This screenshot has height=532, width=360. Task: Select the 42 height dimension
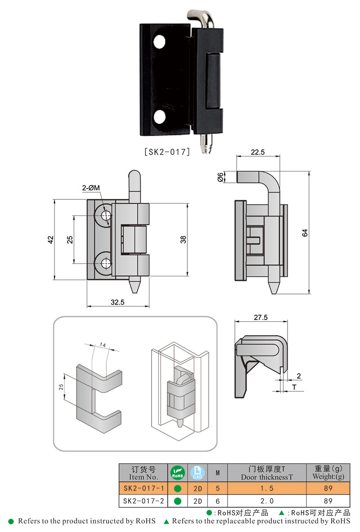(51, 239)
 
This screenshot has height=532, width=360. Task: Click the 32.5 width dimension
(117, 302)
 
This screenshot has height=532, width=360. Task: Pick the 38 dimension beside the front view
(183, 239)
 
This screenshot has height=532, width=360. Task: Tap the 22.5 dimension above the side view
(258, 153)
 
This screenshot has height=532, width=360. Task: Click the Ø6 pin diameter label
(220, 177)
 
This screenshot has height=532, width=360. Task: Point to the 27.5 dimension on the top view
(261, 317)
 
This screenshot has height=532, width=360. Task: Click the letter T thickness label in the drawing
(294, 387)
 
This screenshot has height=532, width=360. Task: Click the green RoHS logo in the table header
(177, 473)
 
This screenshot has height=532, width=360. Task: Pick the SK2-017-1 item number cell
(143, 488)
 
